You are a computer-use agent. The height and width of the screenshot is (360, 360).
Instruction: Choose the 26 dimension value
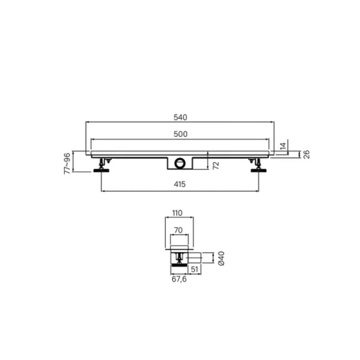(305, 154)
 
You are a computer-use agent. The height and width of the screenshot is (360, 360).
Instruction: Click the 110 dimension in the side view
(177, 214)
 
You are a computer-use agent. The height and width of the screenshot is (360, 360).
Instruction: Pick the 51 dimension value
(193, 269)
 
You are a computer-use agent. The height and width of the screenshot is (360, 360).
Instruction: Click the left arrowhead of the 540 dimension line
(88, 122)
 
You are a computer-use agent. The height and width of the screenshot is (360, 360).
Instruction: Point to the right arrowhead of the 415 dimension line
(258, 191)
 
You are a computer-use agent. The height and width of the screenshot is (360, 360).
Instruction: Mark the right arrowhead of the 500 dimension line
(268, 139)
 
